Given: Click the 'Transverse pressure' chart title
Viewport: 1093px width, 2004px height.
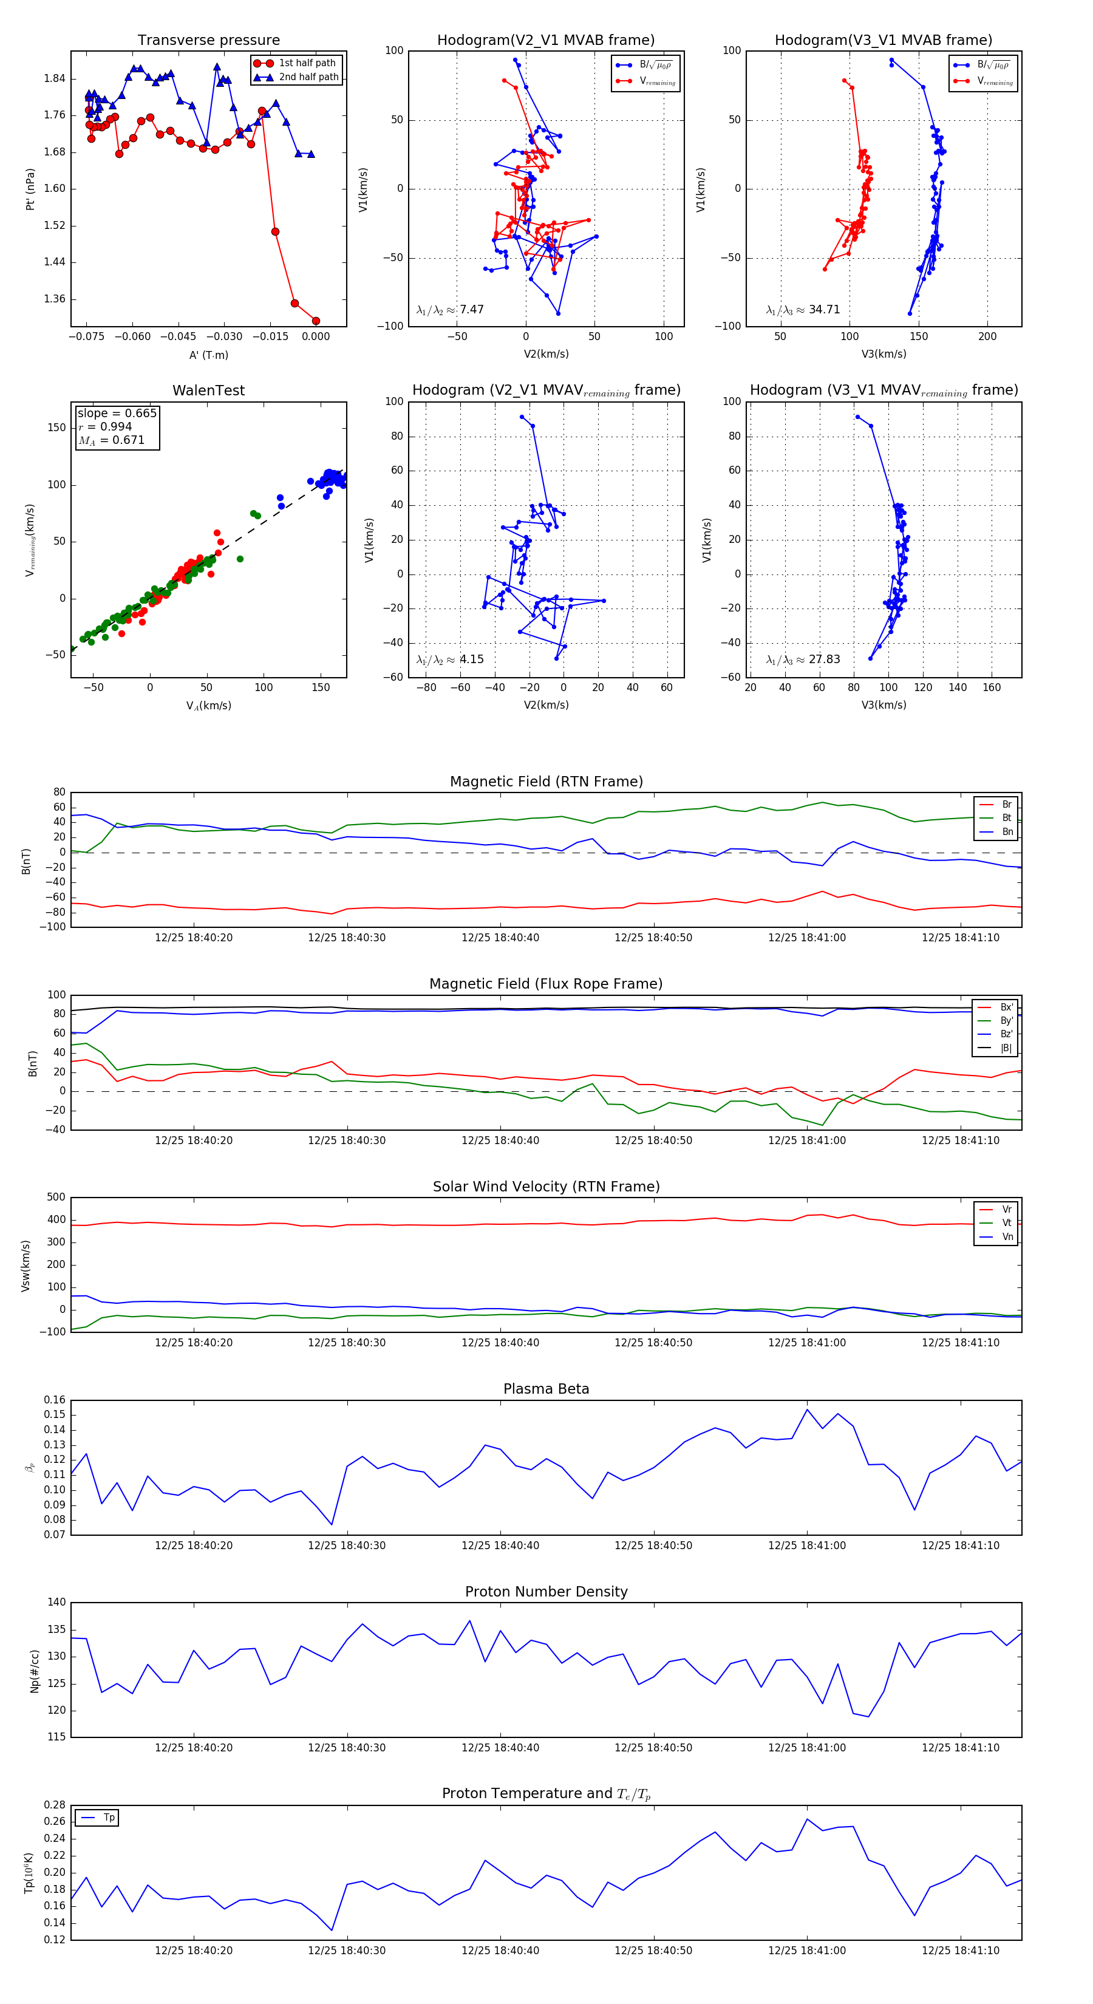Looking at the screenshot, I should point(208,41).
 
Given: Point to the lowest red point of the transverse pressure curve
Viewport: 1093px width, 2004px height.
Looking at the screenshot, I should point(316,321).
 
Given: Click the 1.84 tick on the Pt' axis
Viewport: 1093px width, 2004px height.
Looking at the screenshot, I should point(55,78).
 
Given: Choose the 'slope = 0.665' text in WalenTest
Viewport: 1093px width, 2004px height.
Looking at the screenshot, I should point(117,413).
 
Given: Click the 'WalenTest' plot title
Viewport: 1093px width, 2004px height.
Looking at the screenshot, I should point(208,390).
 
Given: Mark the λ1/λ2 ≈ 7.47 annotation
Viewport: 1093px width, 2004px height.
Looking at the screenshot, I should point(449,310).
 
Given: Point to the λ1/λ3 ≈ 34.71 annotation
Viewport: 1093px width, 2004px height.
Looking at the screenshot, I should point(803,310).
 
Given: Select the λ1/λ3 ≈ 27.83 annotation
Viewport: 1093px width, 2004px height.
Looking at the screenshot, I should point(803,659).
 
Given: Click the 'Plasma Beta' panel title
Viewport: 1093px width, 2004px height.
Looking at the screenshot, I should point(546,1389).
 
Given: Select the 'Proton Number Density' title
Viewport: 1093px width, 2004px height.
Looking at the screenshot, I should point(546,1592).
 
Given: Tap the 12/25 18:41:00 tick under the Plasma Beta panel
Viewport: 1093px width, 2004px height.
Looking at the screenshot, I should point(807,1546).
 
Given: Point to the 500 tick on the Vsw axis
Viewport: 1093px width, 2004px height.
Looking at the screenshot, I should point(56,1198).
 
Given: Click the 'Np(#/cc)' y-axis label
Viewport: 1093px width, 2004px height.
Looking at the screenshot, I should point(34,1671).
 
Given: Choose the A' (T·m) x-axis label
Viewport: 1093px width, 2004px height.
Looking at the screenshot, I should point(208,355).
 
